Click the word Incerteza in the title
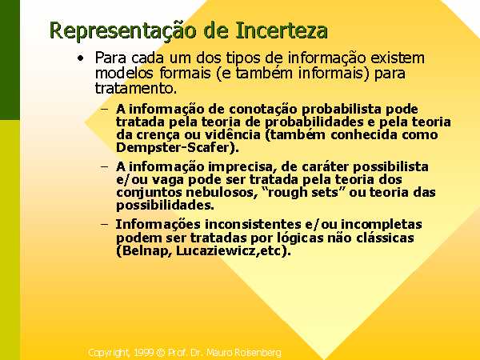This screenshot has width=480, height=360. coord(282,30)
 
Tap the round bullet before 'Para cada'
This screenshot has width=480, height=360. coord(81,58)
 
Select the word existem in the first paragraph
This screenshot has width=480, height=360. coord(398,58)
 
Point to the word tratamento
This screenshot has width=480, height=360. coord(136,89)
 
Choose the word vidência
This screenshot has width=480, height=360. coord(232,134)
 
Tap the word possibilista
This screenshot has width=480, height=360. coord(390,167)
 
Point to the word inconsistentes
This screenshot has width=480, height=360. coord(253,224)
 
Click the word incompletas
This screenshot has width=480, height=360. coord(382,224)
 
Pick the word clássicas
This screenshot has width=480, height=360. coord(385,238)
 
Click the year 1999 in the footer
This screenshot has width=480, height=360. coord(144,353)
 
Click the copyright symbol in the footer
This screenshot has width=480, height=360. coord(161,353)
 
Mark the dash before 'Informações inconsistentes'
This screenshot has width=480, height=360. coord(104,224)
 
